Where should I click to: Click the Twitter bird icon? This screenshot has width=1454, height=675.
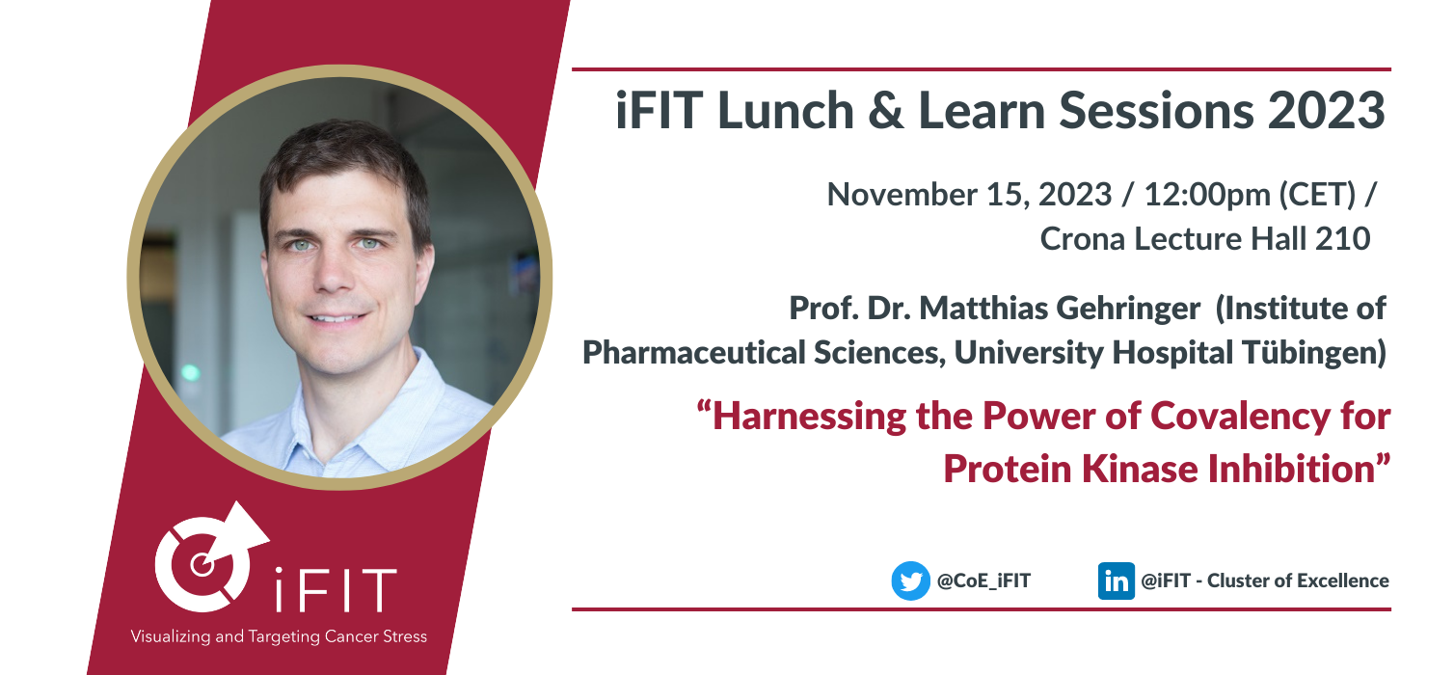(x=911, y=580)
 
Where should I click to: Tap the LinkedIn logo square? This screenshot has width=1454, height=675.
(x=1117, y=580)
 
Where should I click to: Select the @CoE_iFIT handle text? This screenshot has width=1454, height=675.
(x=984, y=580)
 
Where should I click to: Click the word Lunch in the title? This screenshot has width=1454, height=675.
(x=786, y=110)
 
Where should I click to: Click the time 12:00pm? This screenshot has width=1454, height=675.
(x=1207, y=195)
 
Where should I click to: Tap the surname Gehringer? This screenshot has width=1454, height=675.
(x=1129, y=309)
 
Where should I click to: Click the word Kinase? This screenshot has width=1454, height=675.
(x=1140, y=469)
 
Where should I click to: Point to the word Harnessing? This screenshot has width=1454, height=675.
(x=809, y=416)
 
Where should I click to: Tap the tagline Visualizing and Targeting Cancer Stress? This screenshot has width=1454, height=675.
(x=279, y=636)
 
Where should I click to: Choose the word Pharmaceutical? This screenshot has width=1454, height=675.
(x=694, y=352)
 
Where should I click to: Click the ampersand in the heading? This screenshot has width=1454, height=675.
(x=886, y=110)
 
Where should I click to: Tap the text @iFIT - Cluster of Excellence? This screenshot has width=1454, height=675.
(x=1265, y=580)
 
